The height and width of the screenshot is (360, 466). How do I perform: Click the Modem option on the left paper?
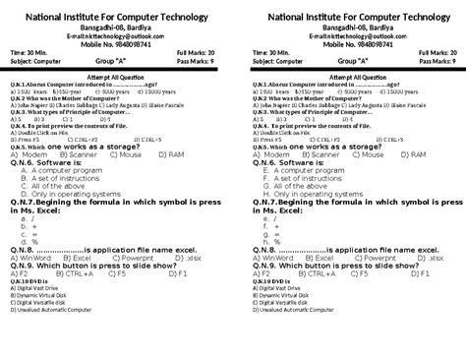click(x=33, y=154)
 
